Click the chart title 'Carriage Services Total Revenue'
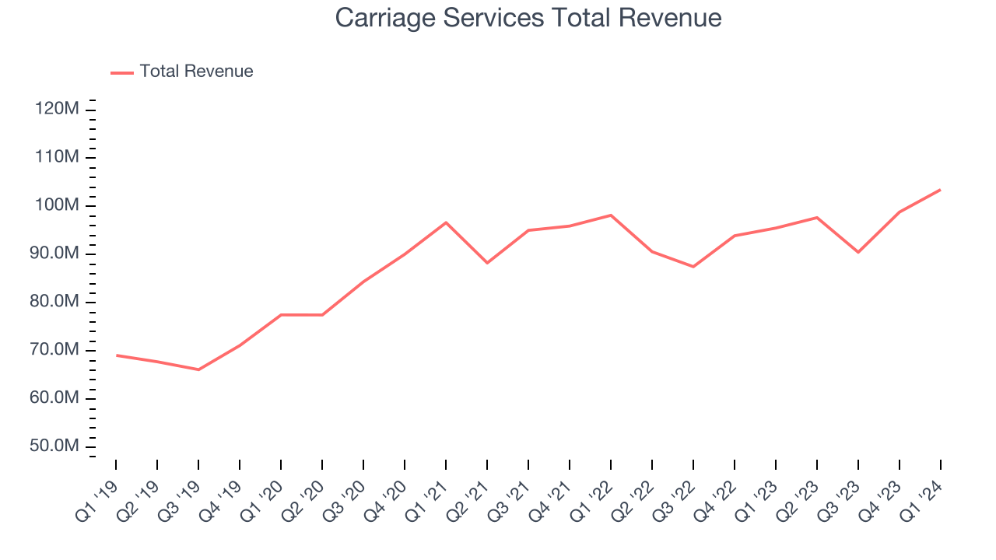point(528,18)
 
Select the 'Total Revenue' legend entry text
point(196,72)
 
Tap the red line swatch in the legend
point(122,72)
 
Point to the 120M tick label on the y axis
point(57,109)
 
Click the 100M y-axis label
point(57,205)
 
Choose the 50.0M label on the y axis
point(57,446)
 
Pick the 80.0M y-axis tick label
point(57,302)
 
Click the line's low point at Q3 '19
point(198,369)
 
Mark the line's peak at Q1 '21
point(446,222)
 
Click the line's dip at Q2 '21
point(487,263)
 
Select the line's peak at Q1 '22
point(611,215)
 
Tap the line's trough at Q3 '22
point(693,267)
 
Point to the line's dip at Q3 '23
point(858,252)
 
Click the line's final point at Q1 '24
point(940,190)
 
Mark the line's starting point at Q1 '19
point(117,355)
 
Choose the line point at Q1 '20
point(281,315)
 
